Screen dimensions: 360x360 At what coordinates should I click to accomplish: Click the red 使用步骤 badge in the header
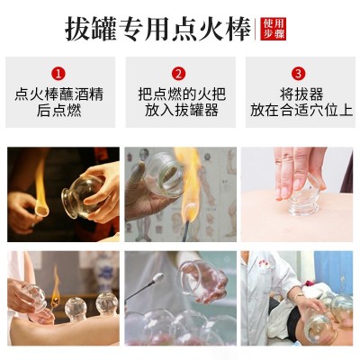coord(273,29)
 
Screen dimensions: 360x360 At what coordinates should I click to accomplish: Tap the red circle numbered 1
coord(58,74)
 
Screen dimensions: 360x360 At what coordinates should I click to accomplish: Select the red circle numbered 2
coord(178,74)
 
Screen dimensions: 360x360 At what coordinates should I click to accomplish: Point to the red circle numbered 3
coord(299,74)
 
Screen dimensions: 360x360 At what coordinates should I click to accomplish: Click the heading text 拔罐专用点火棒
coord(158,29)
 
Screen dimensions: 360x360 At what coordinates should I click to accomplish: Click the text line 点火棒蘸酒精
coord(59,94)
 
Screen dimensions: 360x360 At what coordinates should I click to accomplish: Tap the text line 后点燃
coord(59,110)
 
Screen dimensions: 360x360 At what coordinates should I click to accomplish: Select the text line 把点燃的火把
coord(182,94)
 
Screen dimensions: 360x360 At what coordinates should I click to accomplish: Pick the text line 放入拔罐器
coord(182,110)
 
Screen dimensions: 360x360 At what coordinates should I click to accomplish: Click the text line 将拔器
coord(301,94)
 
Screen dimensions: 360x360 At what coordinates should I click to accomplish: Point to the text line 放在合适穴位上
coord(301,110)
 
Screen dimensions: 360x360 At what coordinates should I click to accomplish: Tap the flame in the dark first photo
coord(40,189)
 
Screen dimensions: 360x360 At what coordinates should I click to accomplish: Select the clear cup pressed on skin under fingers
coord(303,201)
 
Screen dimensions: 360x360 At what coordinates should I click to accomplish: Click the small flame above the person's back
coord(56,285)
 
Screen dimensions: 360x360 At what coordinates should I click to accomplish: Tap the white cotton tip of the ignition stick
coord(158,278)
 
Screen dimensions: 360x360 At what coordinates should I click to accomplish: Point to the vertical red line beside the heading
coord(256,29)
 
